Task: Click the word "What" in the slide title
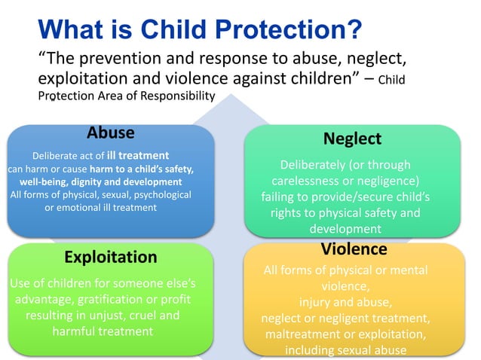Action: (x=71, y=29)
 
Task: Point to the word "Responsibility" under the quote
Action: (x=179, y=96)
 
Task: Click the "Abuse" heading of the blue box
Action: (x=110, y=133)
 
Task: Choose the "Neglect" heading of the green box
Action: (x=352, y=139)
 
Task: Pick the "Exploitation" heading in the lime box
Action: (x=110, y=258)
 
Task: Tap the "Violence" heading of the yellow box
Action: (x=354, y=249)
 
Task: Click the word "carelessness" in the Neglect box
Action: (x=306, y=181)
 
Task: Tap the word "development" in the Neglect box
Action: (x=345, y=229)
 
